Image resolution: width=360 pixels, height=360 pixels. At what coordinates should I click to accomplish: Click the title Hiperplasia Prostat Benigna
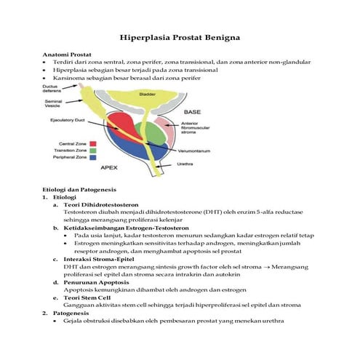[180, 36]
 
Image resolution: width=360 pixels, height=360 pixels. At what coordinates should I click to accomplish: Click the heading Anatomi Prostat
[65, 55]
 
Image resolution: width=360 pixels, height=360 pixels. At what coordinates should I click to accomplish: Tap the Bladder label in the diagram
[147, 95]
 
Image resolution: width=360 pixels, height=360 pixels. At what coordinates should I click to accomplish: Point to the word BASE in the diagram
[192, 112]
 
